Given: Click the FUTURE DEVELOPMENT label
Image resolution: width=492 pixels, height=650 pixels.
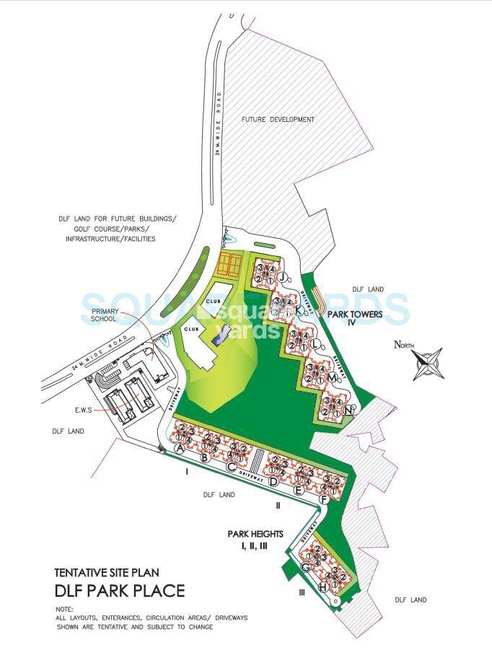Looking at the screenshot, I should [278, 119].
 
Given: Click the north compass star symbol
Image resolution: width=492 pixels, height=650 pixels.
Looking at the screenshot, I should [430, 364].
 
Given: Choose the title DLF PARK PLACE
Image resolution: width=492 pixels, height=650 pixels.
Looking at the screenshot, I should [120, 591].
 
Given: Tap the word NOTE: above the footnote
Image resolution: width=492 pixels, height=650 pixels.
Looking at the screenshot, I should [64, 610].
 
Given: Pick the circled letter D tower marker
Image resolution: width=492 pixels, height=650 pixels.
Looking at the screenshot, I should [273, 480].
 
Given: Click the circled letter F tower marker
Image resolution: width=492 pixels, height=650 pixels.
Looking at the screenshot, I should [325, 499].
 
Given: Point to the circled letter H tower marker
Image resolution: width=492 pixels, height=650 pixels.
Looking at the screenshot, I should [324, 588].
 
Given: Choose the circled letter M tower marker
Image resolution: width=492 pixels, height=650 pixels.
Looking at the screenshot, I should [331, 377].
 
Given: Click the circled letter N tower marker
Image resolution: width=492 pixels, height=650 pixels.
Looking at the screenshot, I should [350, 410].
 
